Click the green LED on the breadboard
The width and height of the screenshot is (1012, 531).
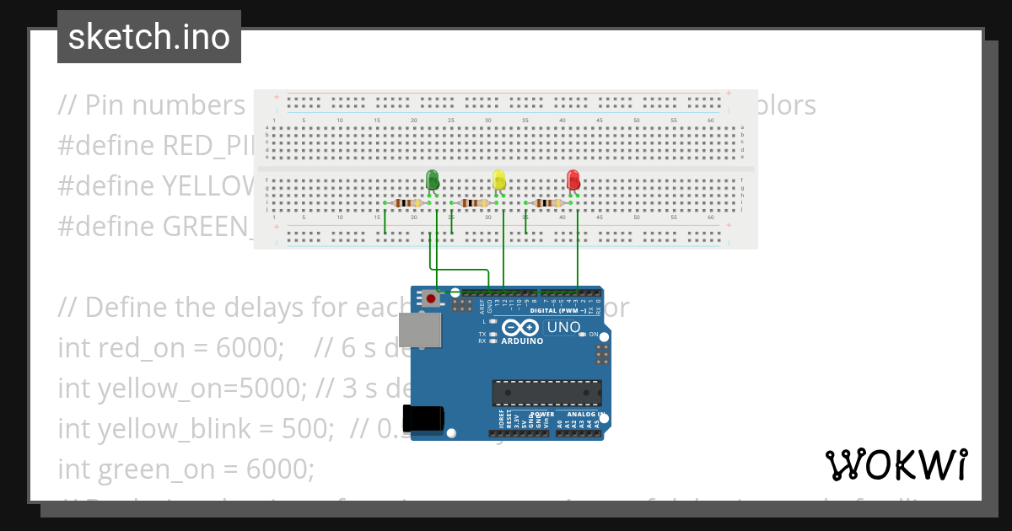432,180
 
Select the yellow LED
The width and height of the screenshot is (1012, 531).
498,180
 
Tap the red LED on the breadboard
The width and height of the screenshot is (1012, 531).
573,180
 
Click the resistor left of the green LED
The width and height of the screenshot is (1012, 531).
407,203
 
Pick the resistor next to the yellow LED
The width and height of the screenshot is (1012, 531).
474,203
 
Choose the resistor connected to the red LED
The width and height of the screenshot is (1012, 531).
548,203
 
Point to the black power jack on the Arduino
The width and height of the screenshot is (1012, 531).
423,418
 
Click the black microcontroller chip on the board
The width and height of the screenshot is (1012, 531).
546,393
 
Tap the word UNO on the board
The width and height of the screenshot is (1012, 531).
563,327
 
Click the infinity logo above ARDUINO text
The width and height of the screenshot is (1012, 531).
521,328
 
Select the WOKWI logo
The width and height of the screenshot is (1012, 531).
896,464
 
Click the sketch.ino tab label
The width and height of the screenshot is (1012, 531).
149,37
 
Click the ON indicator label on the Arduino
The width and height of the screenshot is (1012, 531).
593,335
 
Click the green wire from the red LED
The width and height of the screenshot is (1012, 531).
578,249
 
